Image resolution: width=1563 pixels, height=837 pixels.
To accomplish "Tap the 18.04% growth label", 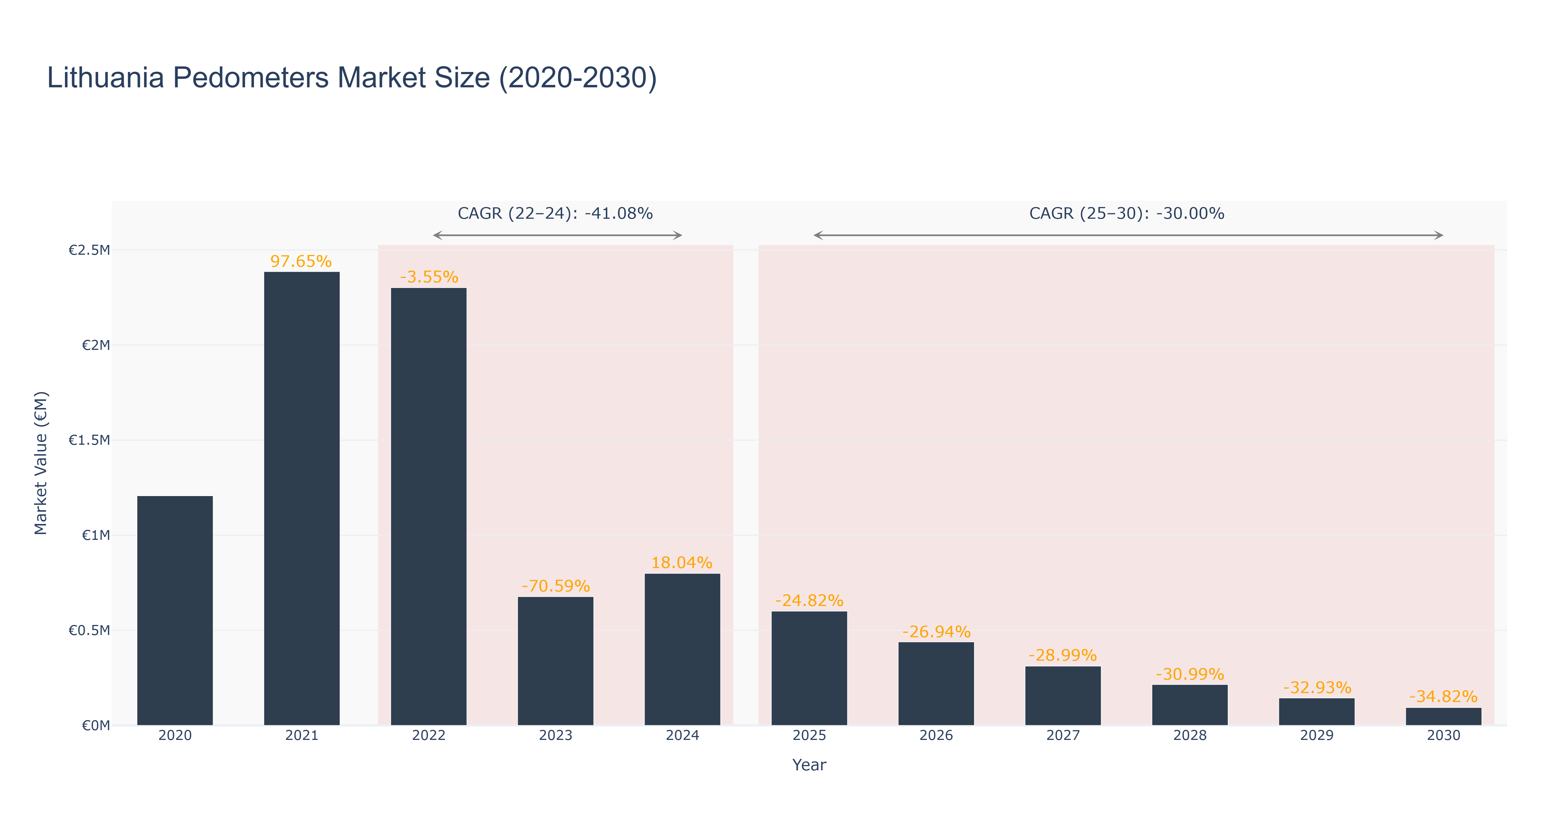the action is click(x=682, y=563).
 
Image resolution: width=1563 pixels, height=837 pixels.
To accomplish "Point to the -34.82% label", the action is click(x=1444, y=697).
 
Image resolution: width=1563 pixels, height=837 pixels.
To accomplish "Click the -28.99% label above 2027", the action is click(x=1063, y=656).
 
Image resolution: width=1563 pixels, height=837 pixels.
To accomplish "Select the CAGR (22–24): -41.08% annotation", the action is click(x=555, y=213).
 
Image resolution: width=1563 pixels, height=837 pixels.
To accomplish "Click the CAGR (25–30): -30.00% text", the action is click(x=1127, y=213).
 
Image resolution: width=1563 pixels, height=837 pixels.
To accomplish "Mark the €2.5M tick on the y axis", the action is click(x=89, y=250).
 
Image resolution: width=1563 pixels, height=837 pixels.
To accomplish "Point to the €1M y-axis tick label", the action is click(x=96, y=535).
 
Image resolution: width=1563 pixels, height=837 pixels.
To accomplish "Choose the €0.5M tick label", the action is click(x=89, y=630).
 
